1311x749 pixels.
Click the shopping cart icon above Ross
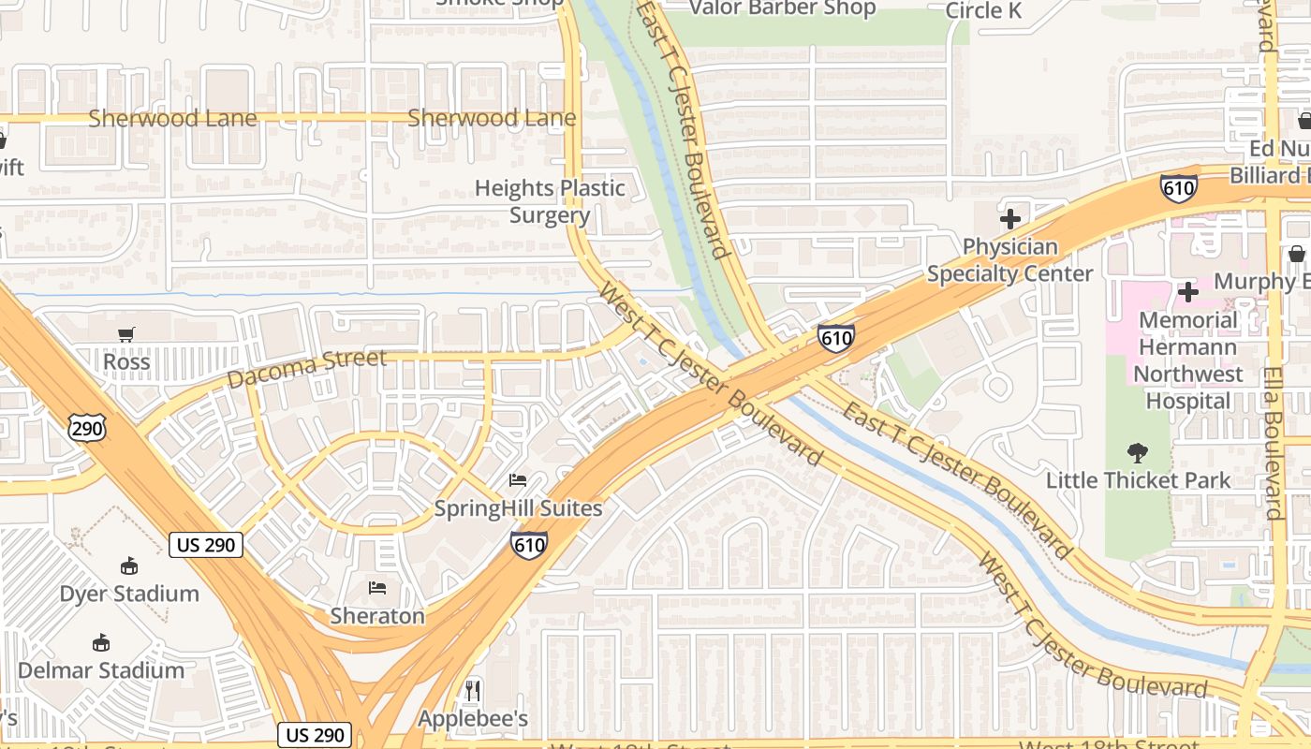click(126, 334)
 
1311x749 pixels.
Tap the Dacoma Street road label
click(306, 369)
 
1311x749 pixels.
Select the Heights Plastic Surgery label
click(550, 201)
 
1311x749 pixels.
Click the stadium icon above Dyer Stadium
click(129, 565)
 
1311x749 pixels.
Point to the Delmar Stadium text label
click(101, 670)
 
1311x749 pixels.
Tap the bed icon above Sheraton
click(377, 588)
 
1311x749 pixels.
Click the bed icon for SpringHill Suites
click(517, 480)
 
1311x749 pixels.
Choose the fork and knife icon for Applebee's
click(473, 691)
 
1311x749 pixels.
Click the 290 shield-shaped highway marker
click(86, 429)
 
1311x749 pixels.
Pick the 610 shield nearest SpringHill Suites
click(529, 544)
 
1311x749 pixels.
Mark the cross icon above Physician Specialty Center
click(1009, 220)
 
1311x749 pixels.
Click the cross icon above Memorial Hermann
click(1187, 292)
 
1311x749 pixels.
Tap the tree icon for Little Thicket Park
click(1138, 453)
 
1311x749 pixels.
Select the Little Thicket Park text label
click(1138, 480)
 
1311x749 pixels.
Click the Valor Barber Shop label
click(782, 8)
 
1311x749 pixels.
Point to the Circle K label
click(983, 10)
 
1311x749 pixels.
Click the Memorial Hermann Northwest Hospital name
click(1188, 360)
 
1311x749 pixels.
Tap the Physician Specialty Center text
click(1009, 260)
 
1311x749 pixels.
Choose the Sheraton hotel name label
click(377, 615)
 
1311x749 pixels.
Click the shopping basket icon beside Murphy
click(1297, 254)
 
